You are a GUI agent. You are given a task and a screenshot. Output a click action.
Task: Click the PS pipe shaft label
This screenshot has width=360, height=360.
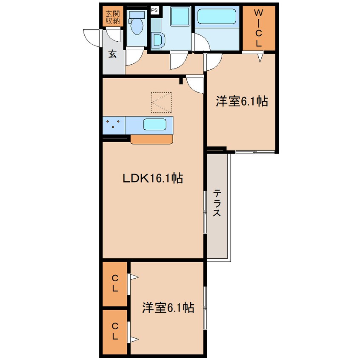tap(154, 10)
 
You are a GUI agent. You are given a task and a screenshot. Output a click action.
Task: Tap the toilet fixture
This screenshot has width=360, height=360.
tap(137, 23)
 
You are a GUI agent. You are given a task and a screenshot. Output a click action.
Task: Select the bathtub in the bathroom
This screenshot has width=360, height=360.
tap(217, 16)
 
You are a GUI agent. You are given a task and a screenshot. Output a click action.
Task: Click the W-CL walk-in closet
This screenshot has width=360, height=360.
tap(259, 28)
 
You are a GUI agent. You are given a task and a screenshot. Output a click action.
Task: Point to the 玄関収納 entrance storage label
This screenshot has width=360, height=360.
tap(113, 17)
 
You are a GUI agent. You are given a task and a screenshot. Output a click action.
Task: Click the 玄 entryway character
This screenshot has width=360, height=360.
tap(112, 54)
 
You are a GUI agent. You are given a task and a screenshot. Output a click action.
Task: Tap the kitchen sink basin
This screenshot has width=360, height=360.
tap(155, 124)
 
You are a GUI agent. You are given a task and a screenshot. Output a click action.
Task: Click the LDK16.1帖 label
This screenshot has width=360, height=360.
tap(153, 178)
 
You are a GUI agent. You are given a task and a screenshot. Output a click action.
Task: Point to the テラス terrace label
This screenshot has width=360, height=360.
tap(217, 203)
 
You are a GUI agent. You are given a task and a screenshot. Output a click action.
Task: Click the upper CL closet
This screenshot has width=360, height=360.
tap(115, 284)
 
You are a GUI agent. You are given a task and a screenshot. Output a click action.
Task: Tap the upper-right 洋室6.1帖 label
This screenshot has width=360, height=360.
tap(242, 101)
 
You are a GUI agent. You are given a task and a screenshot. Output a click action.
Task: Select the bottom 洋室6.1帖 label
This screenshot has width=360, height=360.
tap(168, 308)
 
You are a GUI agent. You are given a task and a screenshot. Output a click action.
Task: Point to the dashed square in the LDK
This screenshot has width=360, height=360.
tap(161, 103)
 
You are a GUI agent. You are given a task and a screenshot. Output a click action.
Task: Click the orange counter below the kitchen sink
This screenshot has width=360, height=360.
tap(151, 140)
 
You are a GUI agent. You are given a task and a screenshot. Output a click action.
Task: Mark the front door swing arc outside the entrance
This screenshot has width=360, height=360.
tap(91, 38)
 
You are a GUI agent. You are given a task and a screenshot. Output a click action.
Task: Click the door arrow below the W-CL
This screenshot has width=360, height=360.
tap(260, 58)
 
